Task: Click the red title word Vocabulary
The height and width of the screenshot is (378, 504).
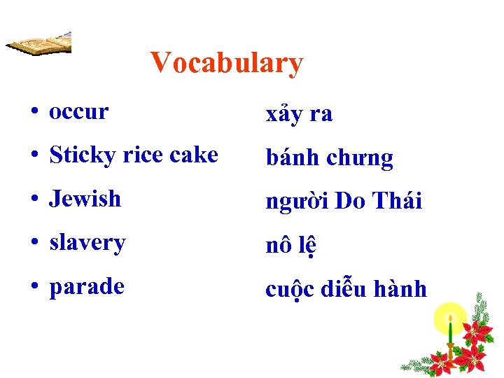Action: (226, 63)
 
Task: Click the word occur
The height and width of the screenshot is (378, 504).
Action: (78, 111)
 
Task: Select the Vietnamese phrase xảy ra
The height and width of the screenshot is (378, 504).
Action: (299, 114)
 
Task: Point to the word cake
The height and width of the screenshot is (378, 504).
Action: (193, 155)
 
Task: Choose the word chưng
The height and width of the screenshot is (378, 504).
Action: (360, 159)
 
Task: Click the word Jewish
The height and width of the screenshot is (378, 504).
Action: (85, 199)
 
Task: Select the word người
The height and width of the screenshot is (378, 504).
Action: (297, 202)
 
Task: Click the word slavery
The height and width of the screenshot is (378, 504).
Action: (87, 243)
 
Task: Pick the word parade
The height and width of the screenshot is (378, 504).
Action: (86, 287)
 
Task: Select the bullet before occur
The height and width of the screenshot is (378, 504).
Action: (34, 112)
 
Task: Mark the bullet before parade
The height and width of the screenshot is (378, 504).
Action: (34, 287)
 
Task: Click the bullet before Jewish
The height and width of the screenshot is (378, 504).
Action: (34, 199)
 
